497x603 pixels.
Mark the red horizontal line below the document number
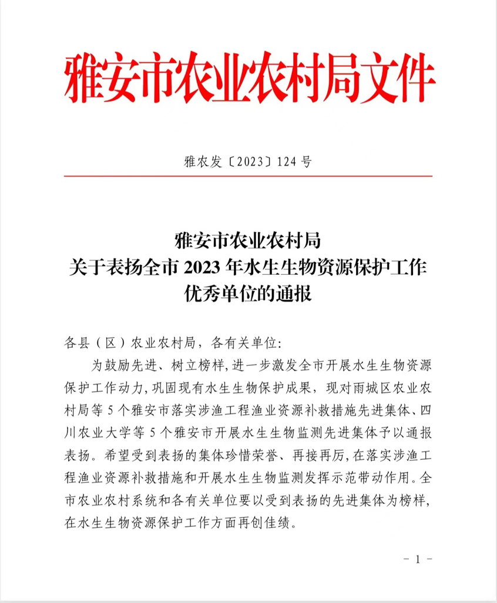tap(248, 176)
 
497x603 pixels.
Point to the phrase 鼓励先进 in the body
tap(127, 365)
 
